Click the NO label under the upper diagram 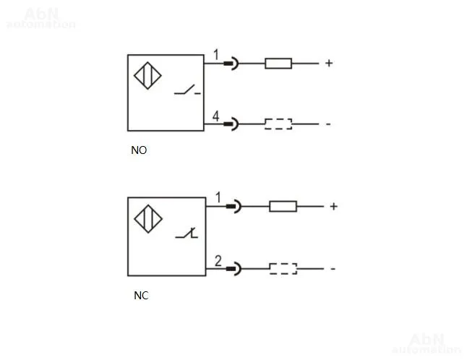coord(139,150)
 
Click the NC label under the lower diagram coord(141,296)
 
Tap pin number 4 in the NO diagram coord(215,116)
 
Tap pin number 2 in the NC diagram coord(218,261)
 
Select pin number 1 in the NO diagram coord(216,55)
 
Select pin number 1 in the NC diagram coord(218,197)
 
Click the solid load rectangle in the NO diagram coord(278,64)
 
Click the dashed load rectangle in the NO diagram coord(278,124)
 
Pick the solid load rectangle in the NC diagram coord(283,206)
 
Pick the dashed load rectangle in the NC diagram coord(283,269)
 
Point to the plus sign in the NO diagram coord(329,63)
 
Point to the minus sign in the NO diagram coord(328,124)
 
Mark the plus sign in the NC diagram coord(333,206)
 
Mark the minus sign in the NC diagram coord(333,269)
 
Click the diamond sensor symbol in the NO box coord(147,76)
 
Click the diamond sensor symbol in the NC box coord(148,219)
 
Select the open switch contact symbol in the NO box coord(187,90)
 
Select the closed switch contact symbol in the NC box coord(187,233)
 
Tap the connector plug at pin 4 coord(231,124)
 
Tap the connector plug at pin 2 coord(233,269)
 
